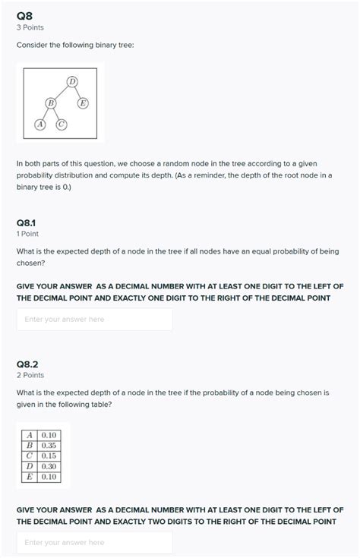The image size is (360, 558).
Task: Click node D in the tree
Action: click(x=72, y=81)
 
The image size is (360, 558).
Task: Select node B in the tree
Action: click(x=51, y=102)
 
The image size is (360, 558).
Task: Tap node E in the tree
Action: click(x=83, y=102)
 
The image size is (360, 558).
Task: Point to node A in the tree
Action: click(x=40, y=123)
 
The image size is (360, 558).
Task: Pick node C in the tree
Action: click(x=62, y=123)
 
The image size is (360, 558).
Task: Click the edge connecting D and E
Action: click(x=77, y=92)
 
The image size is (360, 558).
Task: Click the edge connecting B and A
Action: click(x=46, y=112)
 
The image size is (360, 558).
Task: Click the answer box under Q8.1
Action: click(x=94, y=320)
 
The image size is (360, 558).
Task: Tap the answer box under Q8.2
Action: click(x=94, y=542)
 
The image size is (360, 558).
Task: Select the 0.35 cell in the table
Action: click(x=49, y=446)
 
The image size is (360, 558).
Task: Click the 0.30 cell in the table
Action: click(x=49, y=466)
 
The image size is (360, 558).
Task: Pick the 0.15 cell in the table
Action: click(x=49, y=456)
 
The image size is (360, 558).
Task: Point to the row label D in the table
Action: click(x=29, y=466)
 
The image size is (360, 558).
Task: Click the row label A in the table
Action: click(x=29, y=435)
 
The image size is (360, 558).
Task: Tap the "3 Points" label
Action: click(x=30, y=27)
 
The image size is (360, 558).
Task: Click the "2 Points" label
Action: click(x=30, y=375)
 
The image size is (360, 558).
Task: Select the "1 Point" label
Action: click(x=27, y=235)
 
